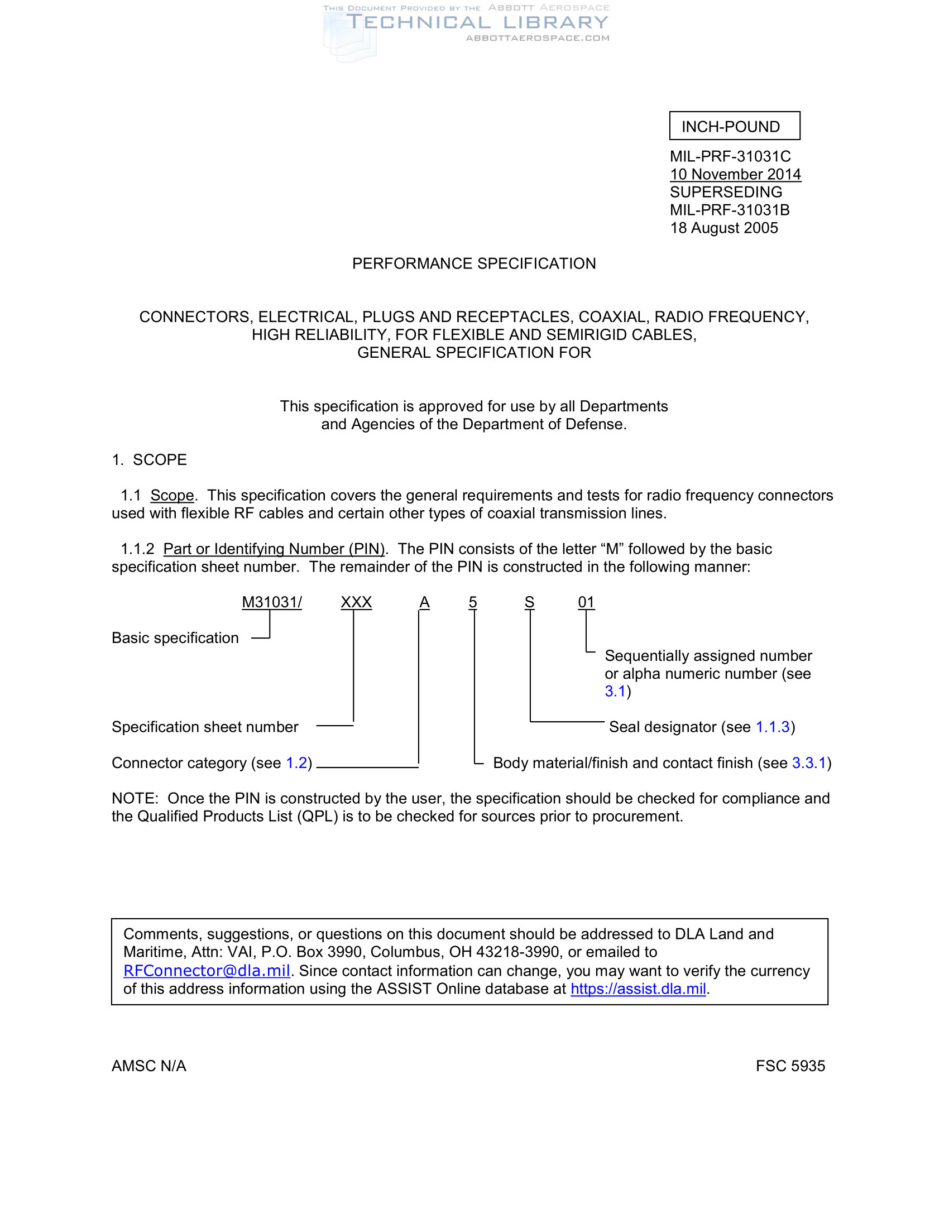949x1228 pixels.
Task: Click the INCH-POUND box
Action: click(x=734, y=126)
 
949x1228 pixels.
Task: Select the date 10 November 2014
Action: click(x=735, y=174)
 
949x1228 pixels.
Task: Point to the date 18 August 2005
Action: click(x=723, y=228)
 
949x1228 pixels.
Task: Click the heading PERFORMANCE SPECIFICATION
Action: click(x=473, y=263)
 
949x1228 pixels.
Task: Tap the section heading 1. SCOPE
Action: click(x=149, y=460)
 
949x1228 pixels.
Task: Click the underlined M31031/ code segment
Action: click(x=271, y=602)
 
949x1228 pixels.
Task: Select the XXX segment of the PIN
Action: click(x=356, y=602)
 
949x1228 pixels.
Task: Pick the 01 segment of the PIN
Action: click(x=586, y=602)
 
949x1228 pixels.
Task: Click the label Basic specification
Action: click(x=175, y=638)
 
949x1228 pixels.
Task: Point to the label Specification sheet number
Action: click(x=205, y=727)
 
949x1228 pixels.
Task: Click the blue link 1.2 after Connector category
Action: click(x=296, y=763)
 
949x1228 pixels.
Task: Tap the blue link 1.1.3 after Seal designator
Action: click(x=773, y=727)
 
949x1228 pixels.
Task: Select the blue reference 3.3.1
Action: click(x=809, y=763)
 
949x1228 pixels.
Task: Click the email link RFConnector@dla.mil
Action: click(x=207, y=971)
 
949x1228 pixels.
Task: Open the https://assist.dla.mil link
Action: click(x=638, y=989)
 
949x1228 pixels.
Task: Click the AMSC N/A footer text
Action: click(x=148, y=1066)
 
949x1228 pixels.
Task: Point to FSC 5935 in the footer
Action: click(x=790, y=1066)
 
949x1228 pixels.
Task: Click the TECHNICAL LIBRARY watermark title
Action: click(x=477, y=22)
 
